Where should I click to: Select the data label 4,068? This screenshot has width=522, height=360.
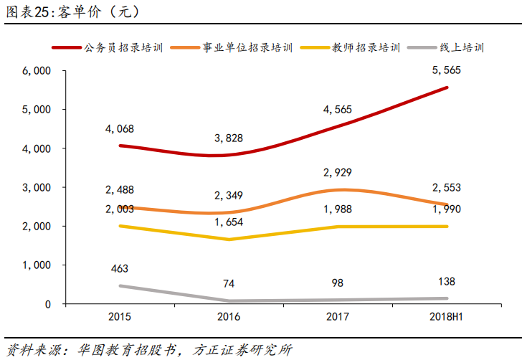point(120,129)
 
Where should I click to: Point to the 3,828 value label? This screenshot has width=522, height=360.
point(229,138)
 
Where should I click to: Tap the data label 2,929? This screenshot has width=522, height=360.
point(338,172)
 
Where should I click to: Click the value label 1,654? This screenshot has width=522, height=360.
point(229,222)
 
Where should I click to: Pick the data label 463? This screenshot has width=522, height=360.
point(120,269)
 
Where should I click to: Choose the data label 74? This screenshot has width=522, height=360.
point(229,283)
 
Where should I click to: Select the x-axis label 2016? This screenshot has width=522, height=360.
point(229,316)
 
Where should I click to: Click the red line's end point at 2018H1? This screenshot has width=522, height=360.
point(447,87)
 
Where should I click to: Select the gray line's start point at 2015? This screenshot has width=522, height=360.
point(120,286)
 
